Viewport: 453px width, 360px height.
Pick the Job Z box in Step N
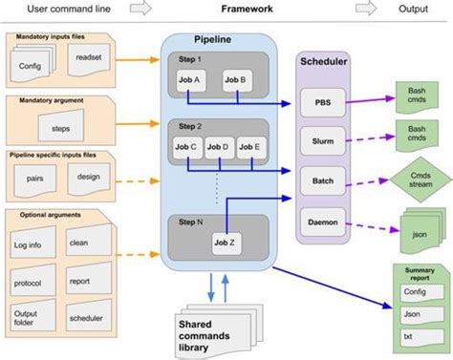click(x=226, y=243)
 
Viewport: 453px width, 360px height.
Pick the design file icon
click(x=88, y=178)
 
